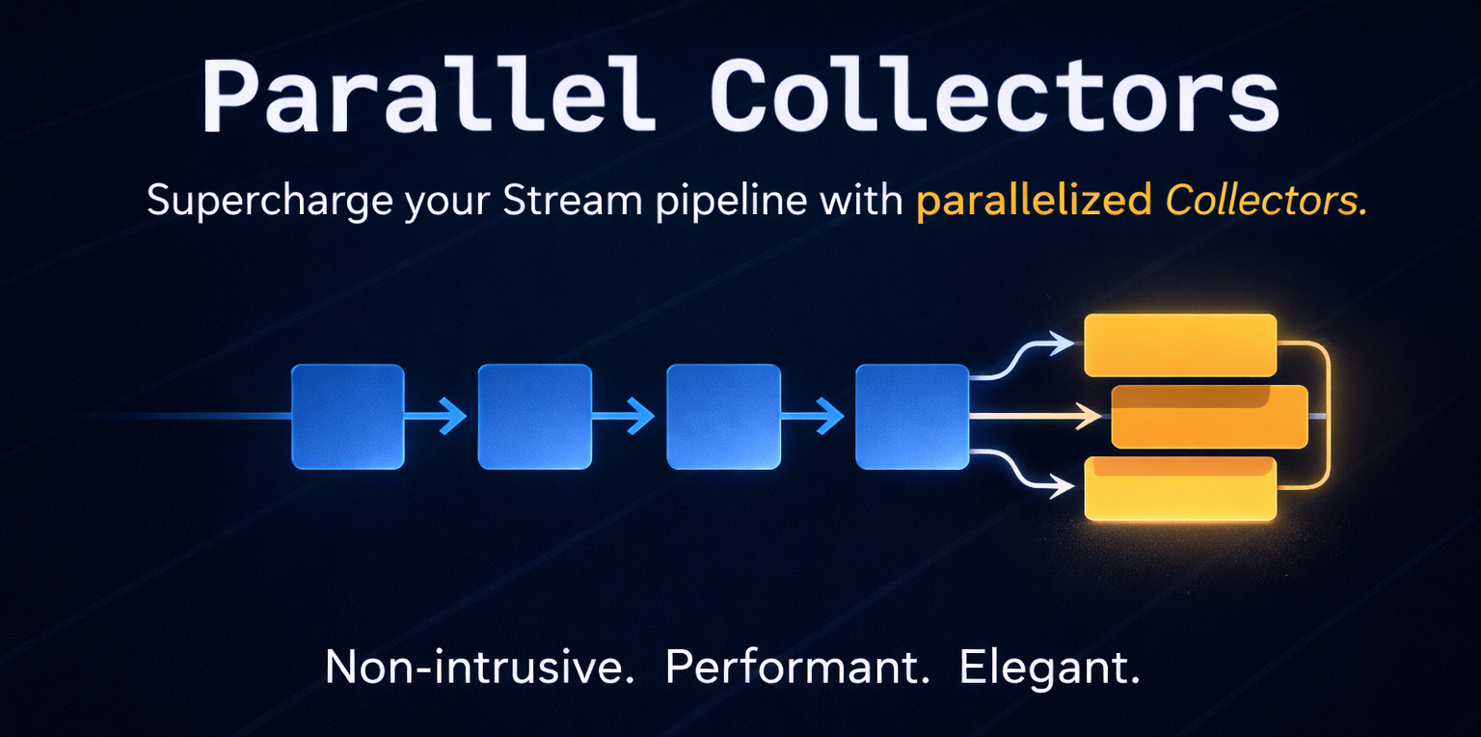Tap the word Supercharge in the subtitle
tap(271, 202)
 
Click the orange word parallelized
tap(1034, 202)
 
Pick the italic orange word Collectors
tap(1266, 202)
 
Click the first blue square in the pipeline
tap(347, 417)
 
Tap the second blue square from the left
tap(535, 417)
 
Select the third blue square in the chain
tap(723, 417)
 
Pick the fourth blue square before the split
tap(912, 417)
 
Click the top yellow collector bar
tap(1180, 345)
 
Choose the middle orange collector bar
tap(1209, 417)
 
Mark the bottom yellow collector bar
tap(1180, 488)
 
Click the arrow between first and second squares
tap(439, 417)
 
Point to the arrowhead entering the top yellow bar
tap(1064, 342)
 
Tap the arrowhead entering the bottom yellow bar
tap(1064, 487)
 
